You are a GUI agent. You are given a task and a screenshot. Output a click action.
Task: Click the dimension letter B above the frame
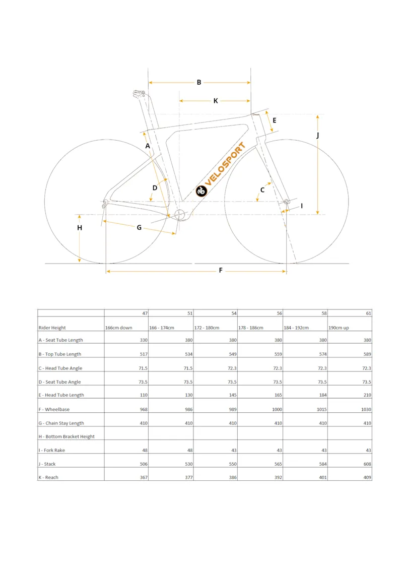click(199, 82)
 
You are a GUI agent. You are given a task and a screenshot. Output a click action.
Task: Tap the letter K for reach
click(216, 101)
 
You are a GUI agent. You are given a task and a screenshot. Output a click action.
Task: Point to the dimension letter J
click(318, 135)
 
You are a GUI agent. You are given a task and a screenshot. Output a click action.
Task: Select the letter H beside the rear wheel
click(80, 228)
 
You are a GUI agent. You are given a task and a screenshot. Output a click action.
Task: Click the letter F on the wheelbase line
click(221, 271)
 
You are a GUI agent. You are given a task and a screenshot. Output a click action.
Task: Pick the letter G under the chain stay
click(139, 227)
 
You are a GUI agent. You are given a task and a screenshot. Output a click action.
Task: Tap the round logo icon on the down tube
click(201, 191)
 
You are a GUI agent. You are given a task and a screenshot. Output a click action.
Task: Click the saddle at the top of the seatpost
click(139, 93)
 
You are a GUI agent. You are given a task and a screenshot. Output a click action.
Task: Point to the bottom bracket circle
click(180, 215)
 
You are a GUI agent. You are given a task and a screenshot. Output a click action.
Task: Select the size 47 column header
click(145, 313)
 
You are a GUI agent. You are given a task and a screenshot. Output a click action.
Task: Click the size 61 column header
click(368, 313)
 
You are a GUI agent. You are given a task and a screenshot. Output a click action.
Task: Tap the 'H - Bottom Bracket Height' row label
click(66, 436)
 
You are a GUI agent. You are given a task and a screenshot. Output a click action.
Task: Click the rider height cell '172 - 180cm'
click(207, 328)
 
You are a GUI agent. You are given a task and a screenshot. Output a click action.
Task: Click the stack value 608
click(366, 464)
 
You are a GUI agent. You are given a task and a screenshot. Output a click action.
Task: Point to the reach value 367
click(144, 477)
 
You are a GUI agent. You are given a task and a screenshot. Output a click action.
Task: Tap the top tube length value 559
click(277, 354)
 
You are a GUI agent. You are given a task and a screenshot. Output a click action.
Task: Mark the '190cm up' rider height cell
click(339, 328)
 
